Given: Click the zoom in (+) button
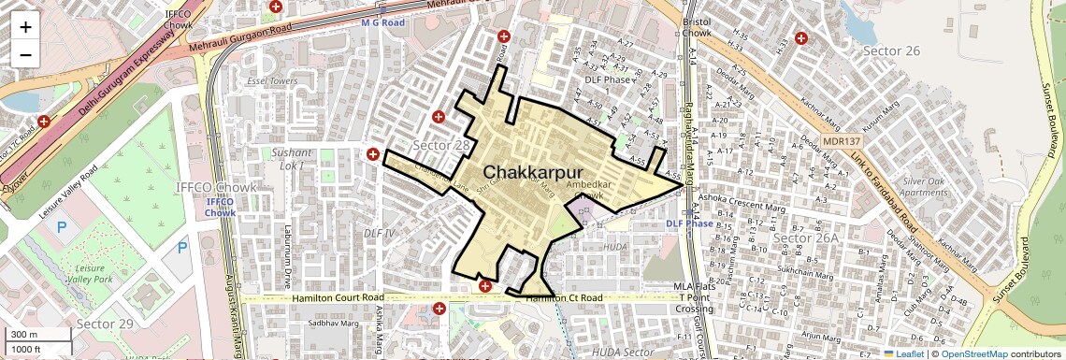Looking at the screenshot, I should tap(25, 26).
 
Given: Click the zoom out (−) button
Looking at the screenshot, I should tap(25, 54).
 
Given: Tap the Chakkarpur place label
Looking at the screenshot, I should tap(533, 173).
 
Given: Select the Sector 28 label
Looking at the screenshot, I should tap(441, 146).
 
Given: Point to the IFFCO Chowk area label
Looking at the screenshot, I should tap(216, 187).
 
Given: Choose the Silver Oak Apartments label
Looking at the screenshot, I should tap(925, 186).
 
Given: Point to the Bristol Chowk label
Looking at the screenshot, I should tap(698, 26).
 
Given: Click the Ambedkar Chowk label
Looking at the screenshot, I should tap(589, 191).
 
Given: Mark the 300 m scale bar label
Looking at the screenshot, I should tap(24, 335).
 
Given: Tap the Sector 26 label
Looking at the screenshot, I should tap(891, 50).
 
